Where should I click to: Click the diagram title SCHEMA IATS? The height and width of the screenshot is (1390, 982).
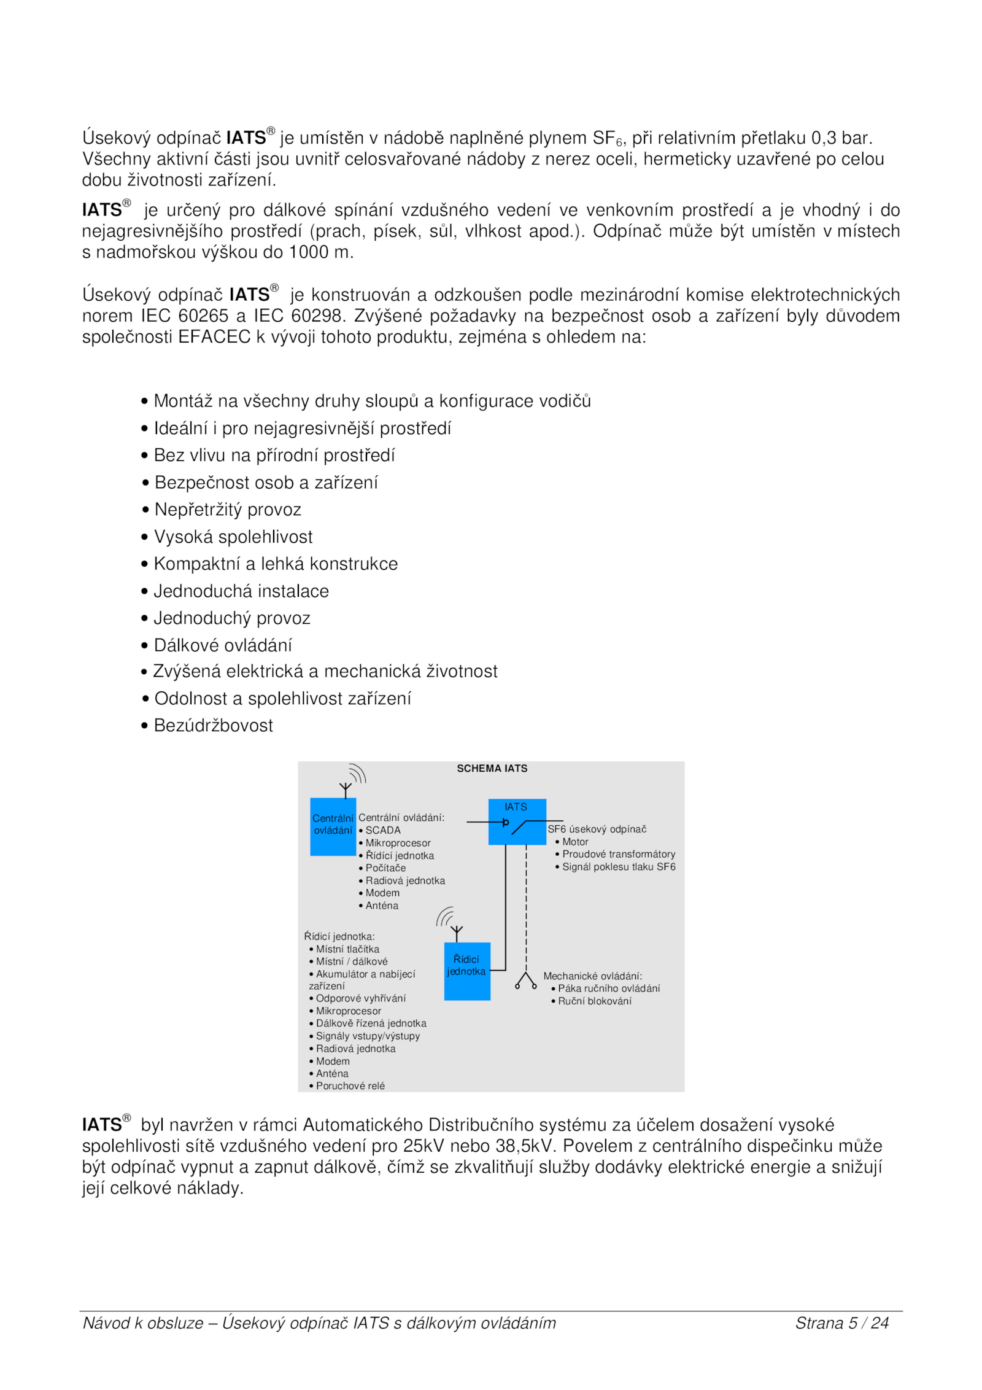tap(492, 768)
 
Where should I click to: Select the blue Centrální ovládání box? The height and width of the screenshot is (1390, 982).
tap(333, 826)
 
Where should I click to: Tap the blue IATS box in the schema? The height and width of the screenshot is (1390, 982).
tap(517, 821)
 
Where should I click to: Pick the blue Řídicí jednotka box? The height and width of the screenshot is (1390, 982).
tap(467, 971)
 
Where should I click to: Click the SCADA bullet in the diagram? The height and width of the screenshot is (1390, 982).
tap(382, 830)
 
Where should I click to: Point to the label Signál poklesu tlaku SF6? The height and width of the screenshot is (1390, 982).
tap(618, 867)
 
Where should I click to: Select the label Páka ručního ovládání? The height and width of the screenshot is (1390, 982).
tap(608, 988)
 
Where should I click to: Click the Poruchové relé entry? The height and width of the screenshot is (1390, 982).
tap(350, 1086)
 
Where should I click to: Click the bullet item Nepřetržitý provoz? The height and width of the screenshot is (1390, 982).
tap(228, 510)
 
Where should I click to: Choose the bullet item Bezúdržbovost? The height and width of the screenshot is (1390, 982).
tap(213, 726)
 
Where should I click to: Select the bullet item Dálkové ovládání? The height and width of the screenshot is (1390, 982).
tap(223, 645)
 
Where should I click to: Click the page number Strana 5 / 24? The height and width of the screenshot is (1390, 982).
tap(841, 1323)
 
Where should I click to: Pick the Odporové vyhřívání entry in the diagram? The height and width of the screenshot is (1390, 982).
tap(360, 999)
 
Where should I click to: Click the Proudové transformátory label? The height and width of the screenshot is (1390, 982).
tap(618, 854)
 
